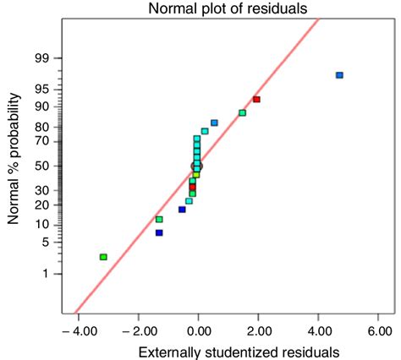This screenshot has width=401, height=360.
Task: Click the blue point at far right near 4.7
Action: (x=339, y=75)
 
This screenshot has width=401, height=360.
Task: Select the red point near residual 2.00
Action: (x=256, y=100)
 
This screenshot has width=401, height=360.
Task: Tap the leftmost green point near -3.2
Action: (x=103, y=257)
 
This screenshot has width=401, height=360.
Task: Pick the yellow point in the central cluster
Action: (x=195, y=175)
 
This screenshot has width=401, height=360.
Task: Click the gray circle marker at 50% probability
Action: (x=198, y=166)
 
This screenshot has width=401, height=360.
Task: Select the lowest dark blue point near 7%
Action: (x=159, y=232)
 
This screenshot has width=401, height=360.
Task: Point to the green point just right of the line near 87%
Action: (x=243, y=112)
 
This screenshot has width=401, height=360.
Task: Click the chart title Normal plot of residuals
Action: (x=223, y=9)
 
